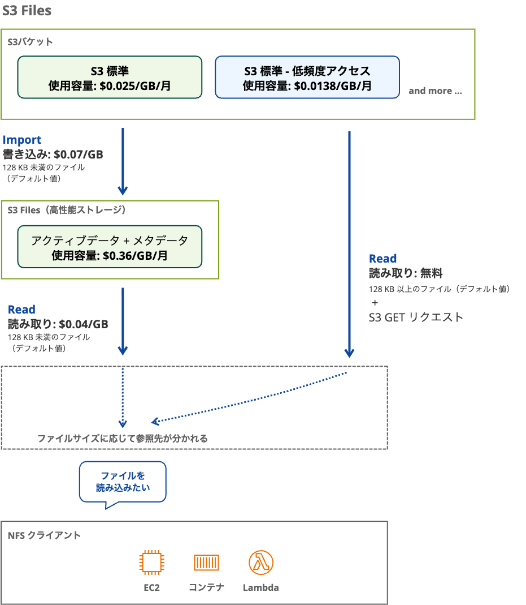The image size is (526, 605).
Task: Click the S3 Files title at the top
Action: pos(27,11)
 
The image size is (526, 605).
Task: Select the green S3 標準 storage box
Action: pos(110,78)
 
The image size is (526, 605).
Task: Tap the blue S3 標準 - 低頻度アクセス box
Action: pos(307,78)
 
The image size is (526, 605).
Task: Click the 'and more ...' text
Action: pos(435,91)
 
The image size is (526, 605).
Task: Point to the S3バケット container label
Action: pos(31,41)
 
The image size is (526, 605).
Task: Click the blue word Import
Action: pos(22,140)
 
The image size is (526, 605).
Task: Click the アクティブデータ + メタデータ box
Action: pos(110,247)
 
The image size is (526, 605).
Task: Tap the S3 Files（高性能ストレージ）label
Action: pos(67,210)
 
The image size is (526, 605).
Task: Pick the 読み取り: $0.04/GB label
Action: pos(58,324)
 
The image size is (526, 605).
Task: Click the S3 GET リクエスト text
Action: pos(416,317)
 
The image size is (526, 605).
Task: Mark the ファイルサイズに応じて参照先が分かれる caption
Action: pos(123,438)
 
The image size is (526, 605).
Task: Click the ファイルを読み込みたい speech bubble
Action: pos(123,481)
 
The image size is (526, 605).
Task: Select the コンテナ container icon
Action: pos(206,563)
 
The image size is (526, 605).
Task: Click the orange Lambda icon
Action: pos(261,563)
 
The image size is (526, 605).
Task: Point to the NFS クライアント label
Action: pos(45,535)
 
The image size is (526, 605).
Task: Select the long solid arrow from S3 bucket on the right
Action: pos(349,243)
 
